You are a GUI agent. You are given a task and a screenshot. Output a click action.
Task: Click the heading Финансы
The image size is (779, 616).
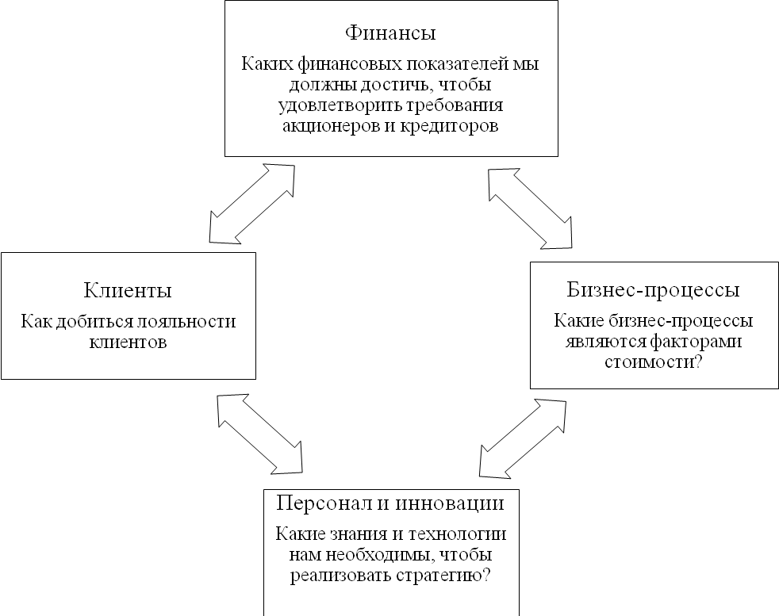392,34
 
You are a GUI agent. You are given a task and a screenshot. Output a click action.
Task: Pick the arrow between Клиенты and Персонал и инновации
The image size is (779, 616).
259,433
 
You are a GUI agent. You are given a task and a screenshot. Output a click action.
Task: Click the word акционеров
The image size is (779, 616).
326,127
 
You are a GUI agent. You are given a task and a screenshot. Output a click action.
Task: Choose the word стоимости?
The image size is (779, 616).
653,363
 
